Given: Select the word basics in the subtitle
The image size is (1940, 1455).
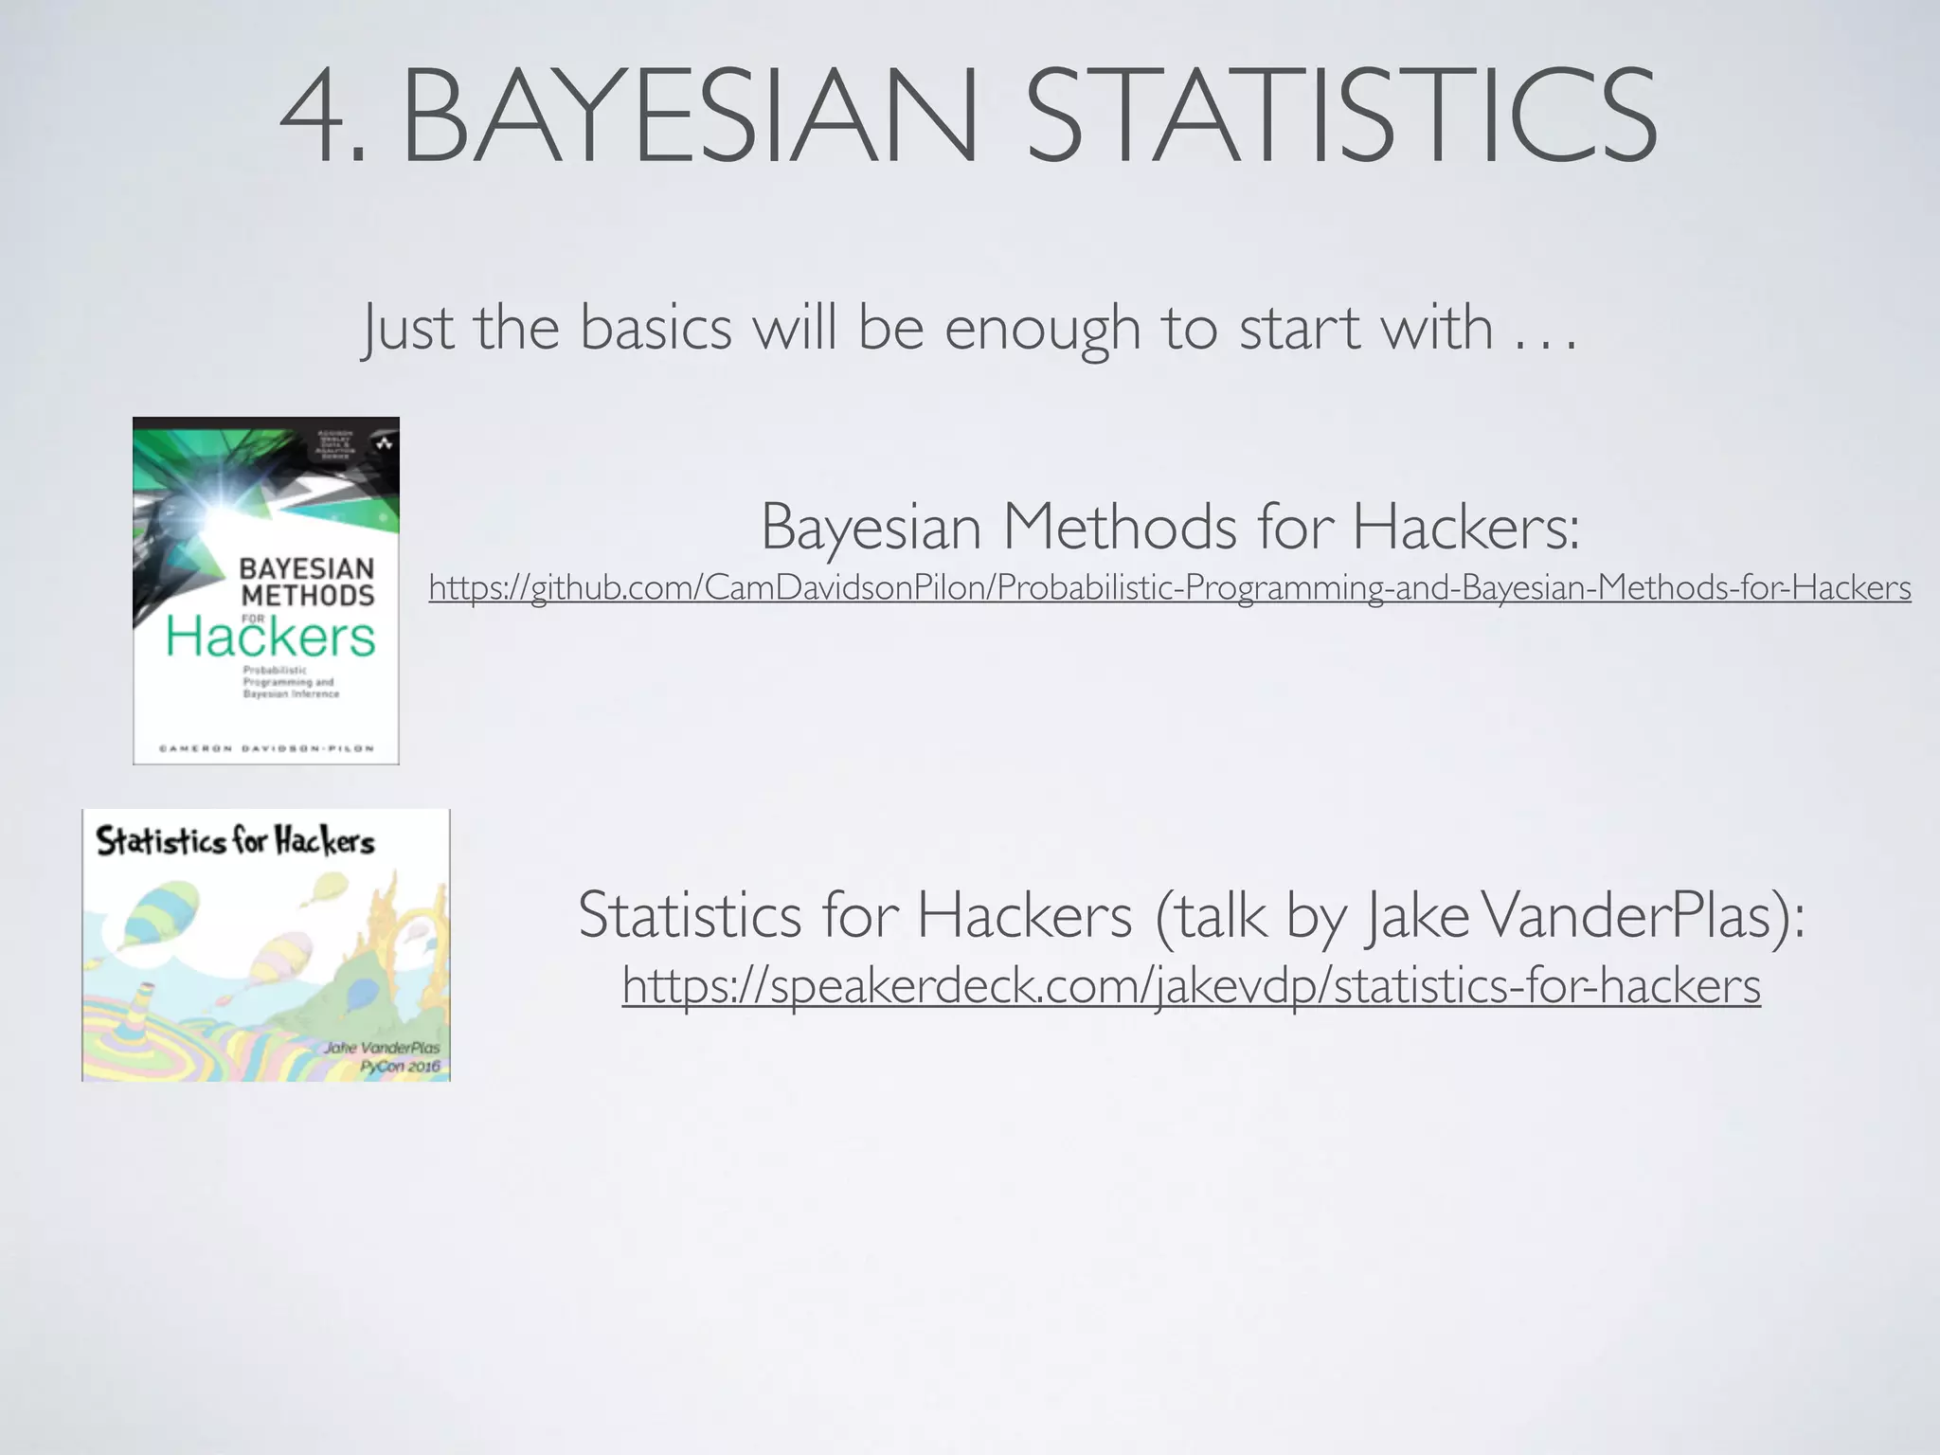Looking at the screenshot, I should click(656, 328).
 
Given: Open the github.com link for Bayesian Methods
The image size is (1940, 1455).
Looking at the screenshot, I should click(1169, 588).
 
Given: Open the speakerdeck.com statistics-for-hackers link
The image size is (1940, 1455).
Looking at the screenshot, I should click(1191, 985).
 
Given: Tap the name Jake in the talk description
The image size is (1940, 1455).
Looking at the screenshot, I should click(1417, 917).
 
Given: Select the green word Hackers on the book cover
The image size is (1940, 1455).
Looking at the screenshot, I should click(271, 637).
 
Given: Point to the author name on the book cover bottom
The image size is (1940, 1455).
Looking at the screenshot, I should click(266, 748).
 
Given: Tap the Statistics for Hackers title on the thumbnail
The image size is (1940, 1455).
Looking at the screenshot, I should click(235, 840).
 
